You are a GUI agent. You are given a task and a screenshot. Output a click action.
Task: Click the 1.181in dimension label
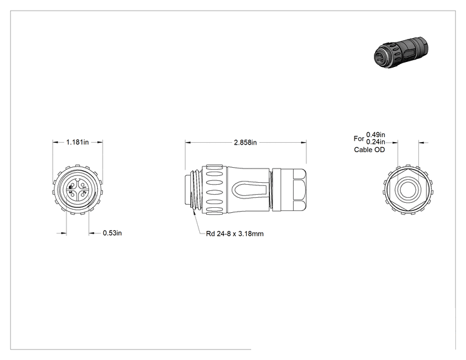pyautogui.click(x=77, y=142)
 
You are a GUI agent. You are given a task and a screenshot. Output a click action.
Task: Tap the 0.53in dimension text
pyautogui.click(x=112, y=233)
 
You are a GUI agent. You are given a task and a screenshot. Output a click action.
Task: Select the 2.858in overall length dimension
pyautogui.click(x=245, y=143)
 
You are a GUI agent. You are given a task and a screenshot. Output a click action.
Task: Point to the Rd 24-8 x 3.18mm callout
pyautogui.click(x=235, y=234)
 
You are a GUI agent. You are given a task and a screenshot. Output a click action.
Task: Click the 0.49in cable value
pyautogui.click(x=376, y=135)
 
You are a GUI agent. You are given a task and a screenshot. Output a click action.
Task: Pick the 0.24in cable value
pyautogui.click(x=376, y=142)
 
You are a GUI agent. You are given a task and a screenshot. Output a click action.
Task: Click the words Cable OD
pyautogui.click(x=370, y=150)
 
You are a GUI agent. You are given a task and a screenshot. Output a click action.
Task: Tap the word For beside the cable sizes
pyautogui.click(x=359, y=138)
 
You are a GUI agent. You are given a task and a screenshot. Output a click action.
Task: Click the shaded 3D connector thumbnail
pyautogui.click(x=401, y=52)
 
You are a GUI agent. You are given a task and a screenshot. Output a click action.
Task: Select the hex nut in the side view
pyautogui.click(x=299, y=190)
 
